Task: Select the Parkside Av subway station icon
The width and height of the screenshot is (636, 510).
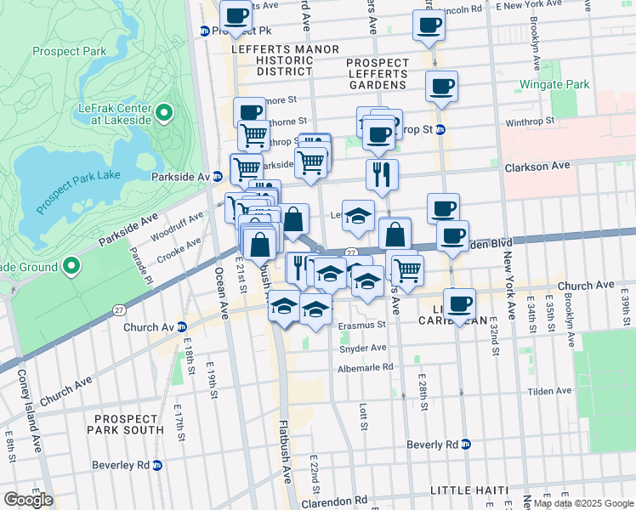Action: pyautogui.click(x=218, y=177)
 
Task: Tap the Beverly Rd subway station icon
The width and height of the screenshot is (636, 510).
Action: pyautogui.click(x=465, y=445)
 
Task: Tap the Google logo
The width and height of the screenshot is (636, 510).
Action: pyautogui.click(x=28, y=500)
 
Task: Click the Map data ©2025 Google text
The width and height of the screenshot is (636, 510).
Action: pyautogui.click(x=583, y=503)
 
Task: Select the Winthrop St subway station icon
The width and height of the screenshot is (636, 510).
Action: pyautogui.click(x=441, y=130)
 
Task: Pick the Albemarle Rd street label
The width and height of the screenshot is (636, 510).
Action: pyautogui.click(x=366, y=367)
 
